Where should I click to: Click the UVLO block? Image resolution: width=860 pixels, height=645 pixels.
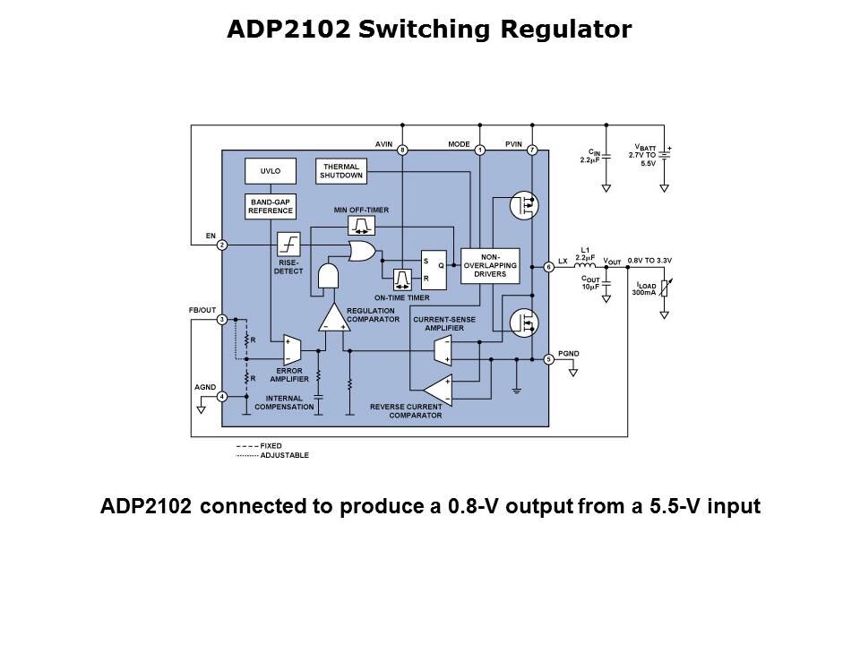pyautogui.click(x=271, y=170)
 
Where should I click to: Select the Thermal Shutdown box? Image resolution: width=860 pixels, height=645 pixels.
pyautogui.click(x=341, y=170)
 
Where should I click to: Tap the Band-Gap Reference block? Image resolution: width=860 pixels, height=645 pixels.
pyautogui.click(x=271, y=207)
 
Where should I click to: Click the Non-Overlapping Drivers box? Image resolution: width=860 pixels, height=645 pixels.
pyautogui.click(x=489, y=265)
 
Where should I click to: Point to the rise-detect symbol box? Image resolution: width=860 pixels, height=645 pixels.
pyautogui.click(x=289, y=244)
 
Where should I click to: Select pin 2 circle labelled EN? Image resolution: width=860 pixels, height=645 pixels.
pyautogui.click(x=221, y=245)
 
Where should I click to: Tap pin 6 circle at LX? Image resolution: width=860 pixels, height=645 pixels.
pyautogui.click(x=549, y=266)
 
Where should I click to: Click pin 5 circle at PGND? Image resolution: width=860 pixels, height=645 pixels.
pyautogui.click(x=549, y=359)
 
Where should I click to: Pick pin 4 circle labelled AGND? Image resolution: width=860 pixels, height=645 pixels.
pyautogui.click(x=221, y=396)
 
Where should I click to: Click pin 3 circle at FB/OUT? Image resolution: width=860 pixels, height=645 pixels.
pyautogui.click(x=221, y=320)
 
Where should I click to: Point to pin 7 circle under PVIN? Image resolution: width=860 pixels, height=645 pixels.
pyautogui.click(x=532, y=150)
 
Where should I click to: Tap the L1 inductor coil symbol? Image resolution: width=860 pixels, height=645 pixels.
pyautogui.click(x=585, y=266)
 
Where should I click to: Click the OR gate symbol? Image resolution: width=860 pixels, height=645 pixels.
pyautogui.click(x=363, y=253)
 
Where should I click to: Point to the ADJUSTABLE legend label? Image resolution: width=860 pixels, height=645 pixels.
pyautogui.click(x=284, y=455)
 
